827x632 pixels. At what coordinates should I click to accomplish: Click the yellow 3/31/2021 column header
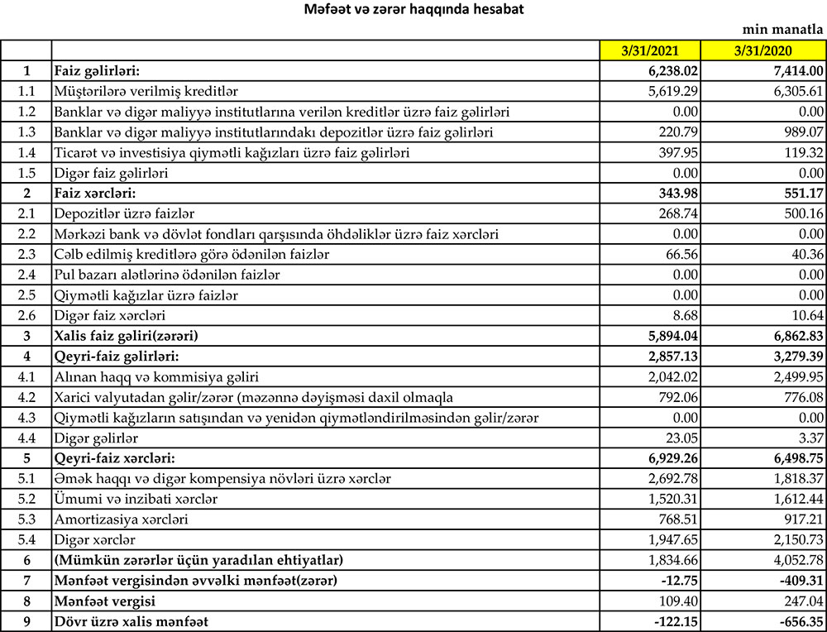click(650, 50)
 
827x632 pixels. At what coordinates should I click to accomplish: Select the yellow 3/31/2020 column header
click(762, 50)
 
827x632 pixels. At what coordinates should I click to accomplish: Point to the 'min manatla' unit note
click(783, 30)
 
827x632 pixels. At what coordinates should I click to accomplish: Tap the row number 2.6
click(26, 315)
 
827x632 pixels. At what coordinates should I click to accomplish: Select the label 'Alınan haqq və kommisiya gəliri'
click(156, 376)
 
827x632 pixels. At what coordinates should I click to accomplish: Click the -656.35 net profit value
click(796, 621)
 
